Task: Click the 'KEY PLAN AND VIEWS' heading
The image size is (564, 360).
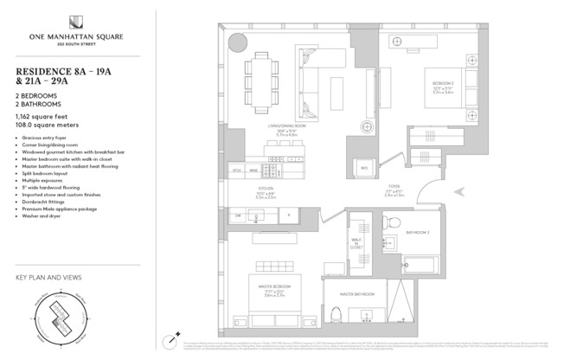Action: pyautogui.click(x=48, y=279)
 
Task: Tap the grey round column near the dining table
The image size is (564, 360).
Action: pyautogui.click(x=235, y=42)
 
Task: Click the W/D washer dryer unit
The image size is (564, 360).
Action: pyautogui.click(x=363, y=166)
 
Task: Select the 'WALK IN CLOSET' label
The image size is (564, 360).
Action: pyautogui.click(x=356, y=242)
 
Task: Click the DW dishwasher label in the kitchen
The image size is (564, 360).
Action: pyautogui.click(x=238, y=214)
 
